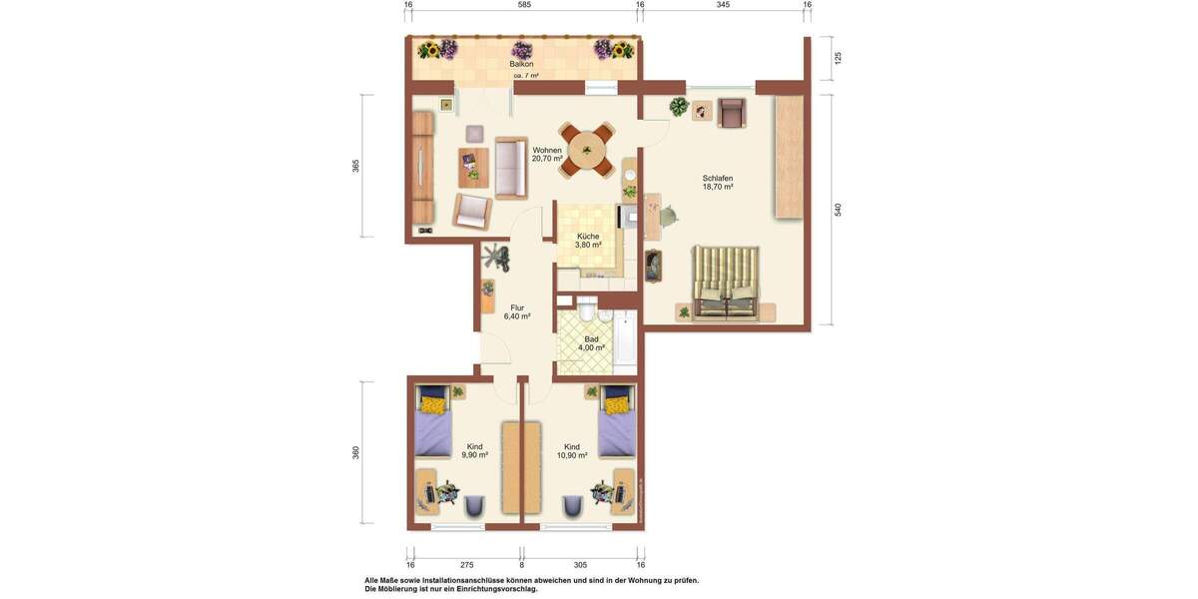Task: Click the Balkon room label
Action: coord(521,64)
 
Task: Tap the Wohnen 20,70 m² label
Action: coord(547,154)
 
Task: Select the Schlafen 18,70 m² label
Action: coord(717,183)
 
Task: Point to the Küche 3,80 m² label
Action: coord(588,241)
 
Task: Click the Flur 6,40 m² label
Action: coord(517,311)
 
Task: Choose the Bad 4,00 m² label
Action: coord(591,343)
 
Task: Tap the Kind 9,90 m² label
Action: coord(474,450)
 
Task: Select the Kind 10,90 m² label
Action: coord(572,450)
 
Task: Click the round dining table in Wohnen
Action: coord(587,151)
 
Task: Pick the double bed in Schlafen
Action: coord(727,283)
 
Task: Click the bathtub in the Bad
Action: coord(624,338)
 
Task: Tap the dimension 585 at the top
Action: coord(524,5)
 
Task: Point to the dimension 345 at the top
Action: coord(723,5)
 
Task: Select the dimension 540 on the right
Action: coord(839,210)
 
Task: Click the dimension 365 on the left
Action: coord(355,166)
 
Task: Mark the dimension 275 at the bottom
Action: coord(466,565)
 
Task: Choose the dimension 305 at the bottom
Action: coord(580,565)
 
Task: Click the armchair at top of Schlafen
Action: coord(732,113)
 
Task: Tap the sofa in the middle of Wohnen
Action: coord(510,168)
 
